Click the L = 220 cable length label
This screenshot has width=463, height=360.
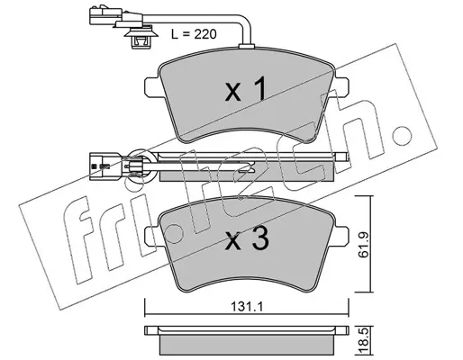[194, 34]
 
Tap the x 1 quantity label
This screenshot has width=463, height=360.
[246, 89]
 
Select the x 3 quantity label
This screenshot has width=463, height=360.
[247, 239]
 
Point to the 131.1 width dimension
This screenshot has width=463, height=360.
[247, 307]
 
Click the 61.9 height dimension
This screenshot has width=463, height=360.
[364, 245]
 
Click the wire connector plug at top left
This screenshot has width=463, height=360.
[105, 15]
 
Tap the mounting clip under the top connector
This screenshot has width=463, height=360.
[141, 37]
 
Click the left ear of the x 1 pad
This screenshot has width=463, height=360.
[152, 87]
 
